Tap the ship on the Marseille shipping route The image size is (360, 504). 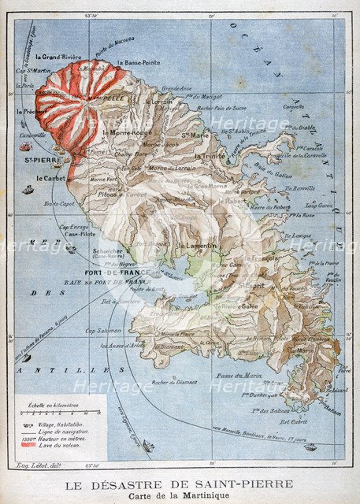[310, 447]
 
